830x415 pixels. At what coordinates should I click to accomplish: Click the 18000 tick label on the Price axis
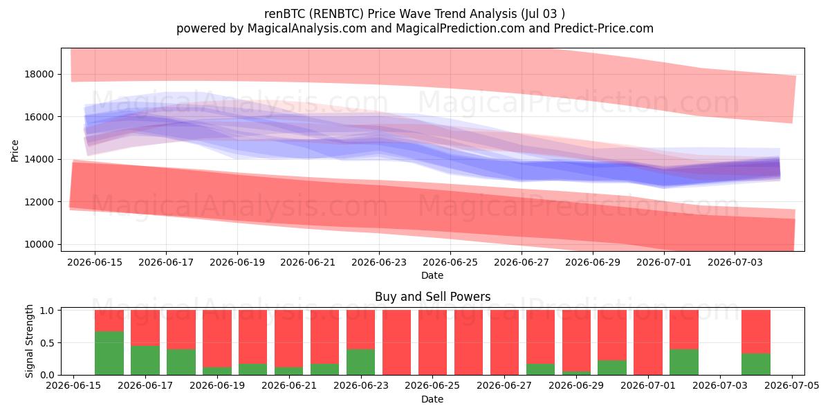39,74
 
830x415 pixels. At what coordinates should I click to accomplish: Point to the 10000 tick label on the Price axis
39,245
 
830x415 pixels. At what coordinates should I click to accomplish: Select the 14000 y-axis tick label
39,159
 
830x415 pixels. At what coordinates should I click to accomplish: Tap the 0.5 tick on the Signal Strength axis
47,343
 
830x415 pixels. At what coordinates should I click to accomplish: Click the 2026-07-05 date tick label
792,385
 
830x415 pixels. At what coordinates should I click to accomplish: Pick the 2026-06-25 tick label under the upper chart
450,262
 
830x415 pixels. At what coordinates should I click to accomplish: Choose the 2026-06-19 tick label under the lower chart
217,385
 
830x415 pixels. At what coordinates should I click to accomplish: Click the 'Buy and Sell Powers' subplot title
432,297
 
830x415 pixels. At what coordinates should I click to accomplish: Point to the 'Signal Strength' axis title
29,341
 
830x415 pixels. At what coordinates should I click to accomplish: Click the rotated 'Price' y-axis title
15,151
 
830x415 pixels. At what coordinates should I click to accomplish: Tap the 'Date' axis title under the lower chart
432,399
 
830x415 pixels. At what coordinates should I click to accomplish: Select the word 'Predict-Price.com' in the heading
604,28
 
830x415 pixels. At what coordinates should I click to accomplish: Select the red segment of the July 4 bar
756,331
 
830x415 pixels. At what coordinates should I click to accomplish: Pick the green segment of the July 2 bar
684,362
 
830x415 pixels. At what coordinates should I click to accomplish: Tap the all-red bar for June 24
396,342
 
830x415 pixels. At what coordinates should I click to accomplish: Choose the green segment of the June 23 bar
361,362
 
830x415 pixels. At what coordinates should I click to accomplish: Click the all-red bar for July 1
648,342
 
